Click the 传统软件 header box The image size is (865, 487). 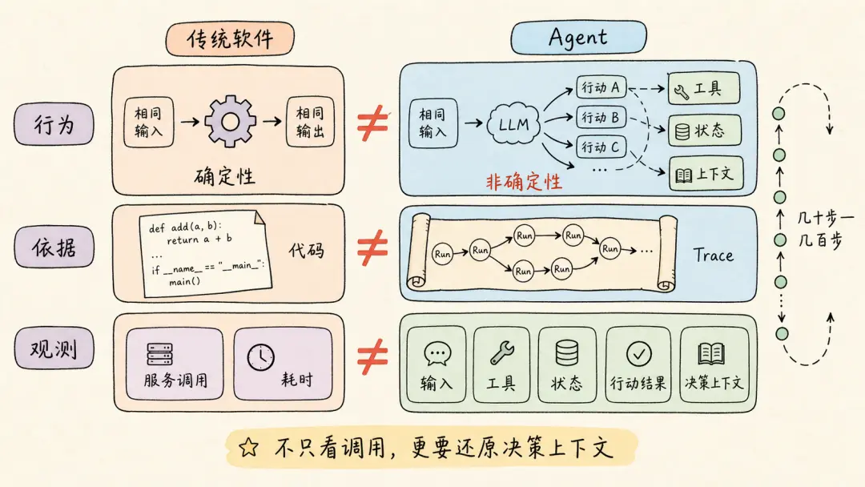230,38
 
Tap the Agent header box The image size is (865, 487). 579,38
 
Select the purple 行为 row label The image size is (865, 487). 54,124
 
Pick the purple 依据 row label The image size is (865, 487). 54,247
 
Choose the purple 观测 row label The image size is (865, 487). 54,348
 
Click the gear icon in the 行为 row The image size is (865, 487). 230,121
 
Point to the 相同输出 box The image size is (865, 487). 310,122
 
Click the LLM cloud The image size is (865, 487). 513,124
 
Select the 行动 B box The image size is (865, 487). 601,118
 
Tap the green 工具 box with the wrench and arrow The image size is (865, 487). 703,88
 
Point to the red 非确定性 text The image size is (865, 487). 524,182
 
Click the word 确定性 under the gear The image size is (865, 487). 224,176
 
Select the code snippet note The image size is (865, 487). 205,253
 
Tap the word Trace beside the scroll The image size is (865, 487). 714,255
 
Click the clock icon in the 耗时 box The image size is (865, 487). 260,357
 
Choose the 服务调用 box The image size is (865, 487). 175,364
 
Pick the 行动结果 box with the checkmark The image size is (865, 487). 638,364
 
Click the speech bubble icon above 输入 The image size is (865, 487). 437,353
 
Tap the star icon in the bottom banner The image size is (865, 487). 248,447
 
